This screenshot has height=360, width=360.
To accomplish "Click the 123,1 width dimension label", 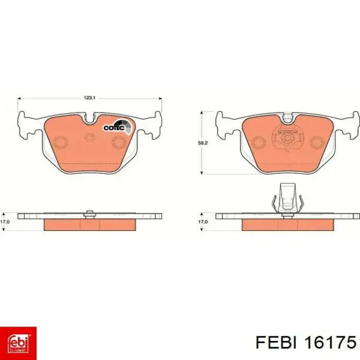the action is [x=89, y=98].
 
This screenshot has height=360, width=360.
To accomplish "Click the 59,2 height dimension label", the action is [x=203, y=143].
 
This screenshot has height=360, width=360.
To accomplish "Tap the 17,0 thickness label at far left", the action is [x=5, y=222].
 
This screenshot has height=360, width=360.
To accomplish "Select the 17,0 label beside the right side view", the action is [x=203, y=222].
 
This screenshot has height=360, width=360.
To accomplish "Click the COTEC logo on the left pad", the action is [x=118, y=127].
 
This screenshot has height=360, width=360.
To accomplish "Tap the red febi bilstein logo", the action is [x=18, y=344].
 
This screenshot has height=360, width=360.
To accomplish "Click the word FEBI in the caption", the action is [x=276, y=343].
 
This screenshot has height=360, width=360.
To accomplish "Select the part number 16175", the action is [x=330, y=343].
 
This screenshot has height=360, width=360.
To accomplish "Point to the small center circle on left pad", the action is [x=89, y=137].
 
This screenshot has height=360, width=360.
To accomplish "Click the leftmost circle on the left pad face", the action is [x=60, y=142].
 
